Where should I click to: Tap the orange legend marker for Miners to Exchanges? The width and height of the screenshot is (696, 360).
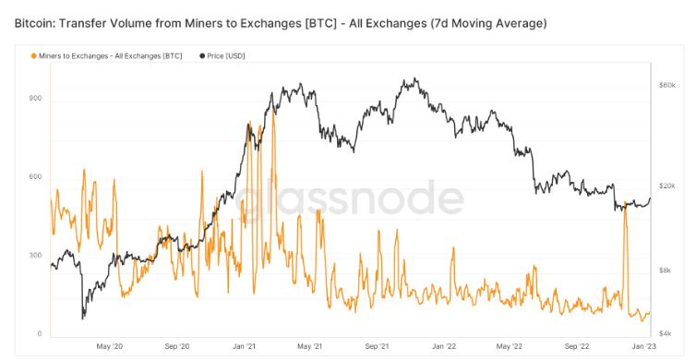coord(34,55)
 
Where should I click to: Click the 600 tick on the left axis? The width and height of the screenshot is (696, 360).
coord(36,176)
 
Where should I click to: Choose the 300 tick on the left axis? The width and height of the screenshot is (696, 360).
coord(36,255)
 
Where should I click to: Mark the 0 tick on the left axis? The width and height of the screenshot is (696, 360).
coord(40,333)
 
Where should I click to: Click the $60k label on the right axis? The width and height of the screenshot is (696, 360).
coord(667,85)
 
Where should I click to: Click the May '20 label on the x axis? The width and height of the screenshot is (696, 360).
coord(110,346)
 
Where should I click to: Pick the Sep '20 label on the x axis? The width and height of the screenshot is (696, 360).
coord(177,346)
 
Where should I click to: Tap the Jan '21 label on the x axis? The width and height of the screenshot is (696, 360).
coord(245,346)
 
